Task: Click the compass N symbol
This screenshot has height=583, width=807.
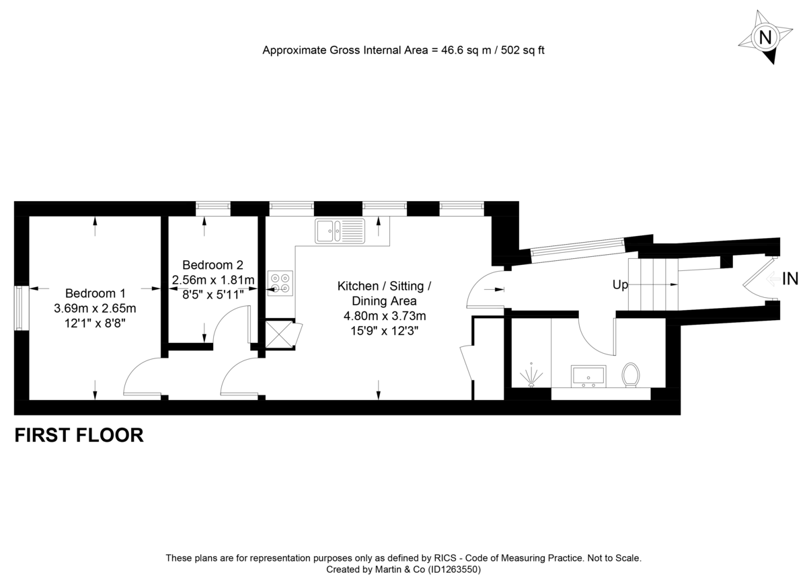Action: (x=764, y=37)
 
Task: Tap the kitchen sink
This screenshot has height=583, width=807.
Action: (x=340, y=230)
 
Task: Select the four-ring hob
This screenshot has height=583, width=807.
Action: (x=280, y=282)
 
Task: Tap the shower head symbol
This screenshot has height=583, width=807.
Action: (x=531, y=377)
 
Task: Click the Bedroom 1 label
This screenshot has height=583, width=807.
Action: (x=95, y=294)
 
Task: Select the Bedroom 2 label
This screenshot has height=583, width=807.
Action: (x=213, y=265)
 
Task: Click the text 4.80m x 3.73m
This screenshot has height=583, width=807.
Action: (x=384, y=316)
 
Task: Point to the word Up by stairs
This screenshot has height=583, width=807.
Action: (x=619, y=285)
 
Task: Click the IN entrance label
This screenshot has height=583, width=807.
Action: (x=790, y=278)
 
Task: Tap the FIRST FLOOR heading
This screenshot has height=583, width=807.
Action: (x=79, y=435)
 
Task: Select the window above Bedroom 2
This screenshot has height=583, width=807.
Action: (x=213, y=208)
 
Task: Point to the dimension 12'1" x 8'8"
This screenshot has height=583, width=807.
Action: (x=95, y=322)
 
